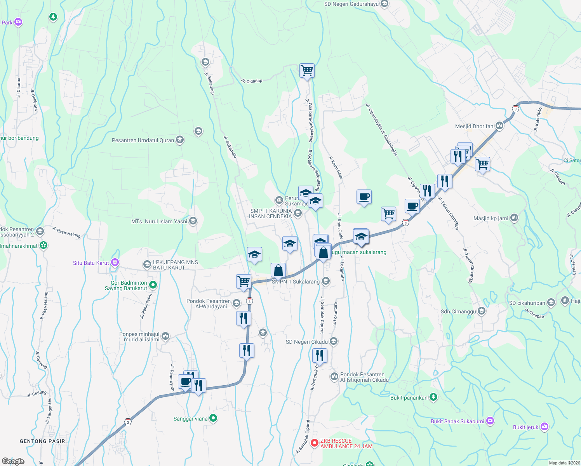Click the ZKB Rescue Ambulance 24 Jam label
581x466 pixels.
click(x=346, y=443)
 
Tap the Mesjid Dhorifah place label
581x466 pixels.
click(x=474, y=126)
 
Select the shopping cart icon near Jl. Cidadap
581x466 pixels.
click(x=307, y=71)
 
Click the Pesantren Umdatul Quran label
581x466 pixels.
click(x=143, y=140)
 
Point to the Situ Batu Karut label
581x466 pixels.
click(x=91, y=263)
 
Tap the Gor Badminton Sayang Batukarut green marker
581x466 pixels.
click(x=153, y=285)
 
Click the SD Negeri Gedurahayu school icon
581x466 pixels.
click(x=384, y=4)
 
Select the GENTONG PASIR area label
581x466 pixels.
click(x=42, y=441)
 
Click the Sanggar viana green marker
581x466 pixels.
click(x=213, y=418)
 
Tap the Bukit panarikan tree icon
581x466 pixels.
click(x=433, y=397)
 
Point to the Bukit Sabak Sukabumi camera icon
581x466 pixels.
click(x=490, y=421)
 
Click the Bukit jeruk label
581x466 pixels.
click(x=525, y=427)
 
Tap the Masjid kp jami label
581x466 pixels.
click(x=491, y=218)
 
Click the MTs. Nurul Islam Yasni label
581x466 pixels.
click(x=159, y=221)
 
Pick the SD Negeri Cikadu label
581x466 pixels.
click(x=306, y=342)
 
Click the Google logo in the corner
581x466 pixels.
click(x=13, y=461)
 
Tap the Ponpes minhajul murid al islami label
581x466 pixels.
click(x=139, y=337)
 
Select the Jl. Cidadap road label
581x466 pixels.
click(x=252, y=81)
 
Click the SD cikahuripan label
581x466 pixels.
click(x=527, y=303)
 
